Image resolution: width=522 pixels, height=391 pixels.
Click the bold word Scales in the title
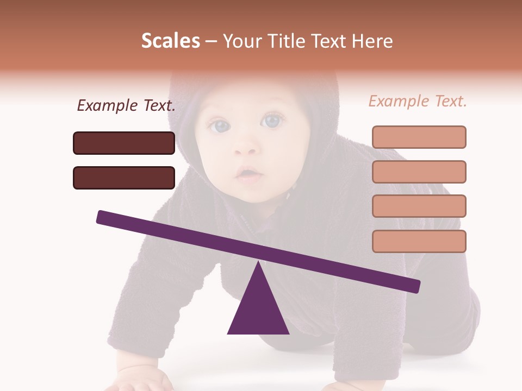click(x=170, y=41)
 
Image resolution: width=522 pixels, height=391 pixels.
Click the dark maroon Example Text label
click(x=126, y=106)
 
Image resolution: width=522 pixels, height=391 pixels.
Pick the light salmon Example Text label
click(x=418, y=101)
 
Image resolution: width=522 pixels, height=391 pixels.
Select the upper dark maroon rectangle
click(x=124, y=143)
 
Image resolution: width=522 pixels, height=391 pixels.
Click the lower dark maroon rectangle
click(x=124, y=178)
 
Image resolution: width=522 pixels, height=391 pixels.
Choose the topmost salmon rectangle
click(x=419, y=137)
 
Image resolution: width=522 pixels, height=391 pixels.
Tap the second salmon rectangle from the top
click(x=419, y=172)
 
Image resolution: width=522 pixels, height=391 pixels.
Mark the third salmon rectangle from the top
click(x=419, y=206)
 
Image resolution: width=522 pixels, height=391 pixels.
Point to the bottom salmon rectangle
click(x=419, y=241)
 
